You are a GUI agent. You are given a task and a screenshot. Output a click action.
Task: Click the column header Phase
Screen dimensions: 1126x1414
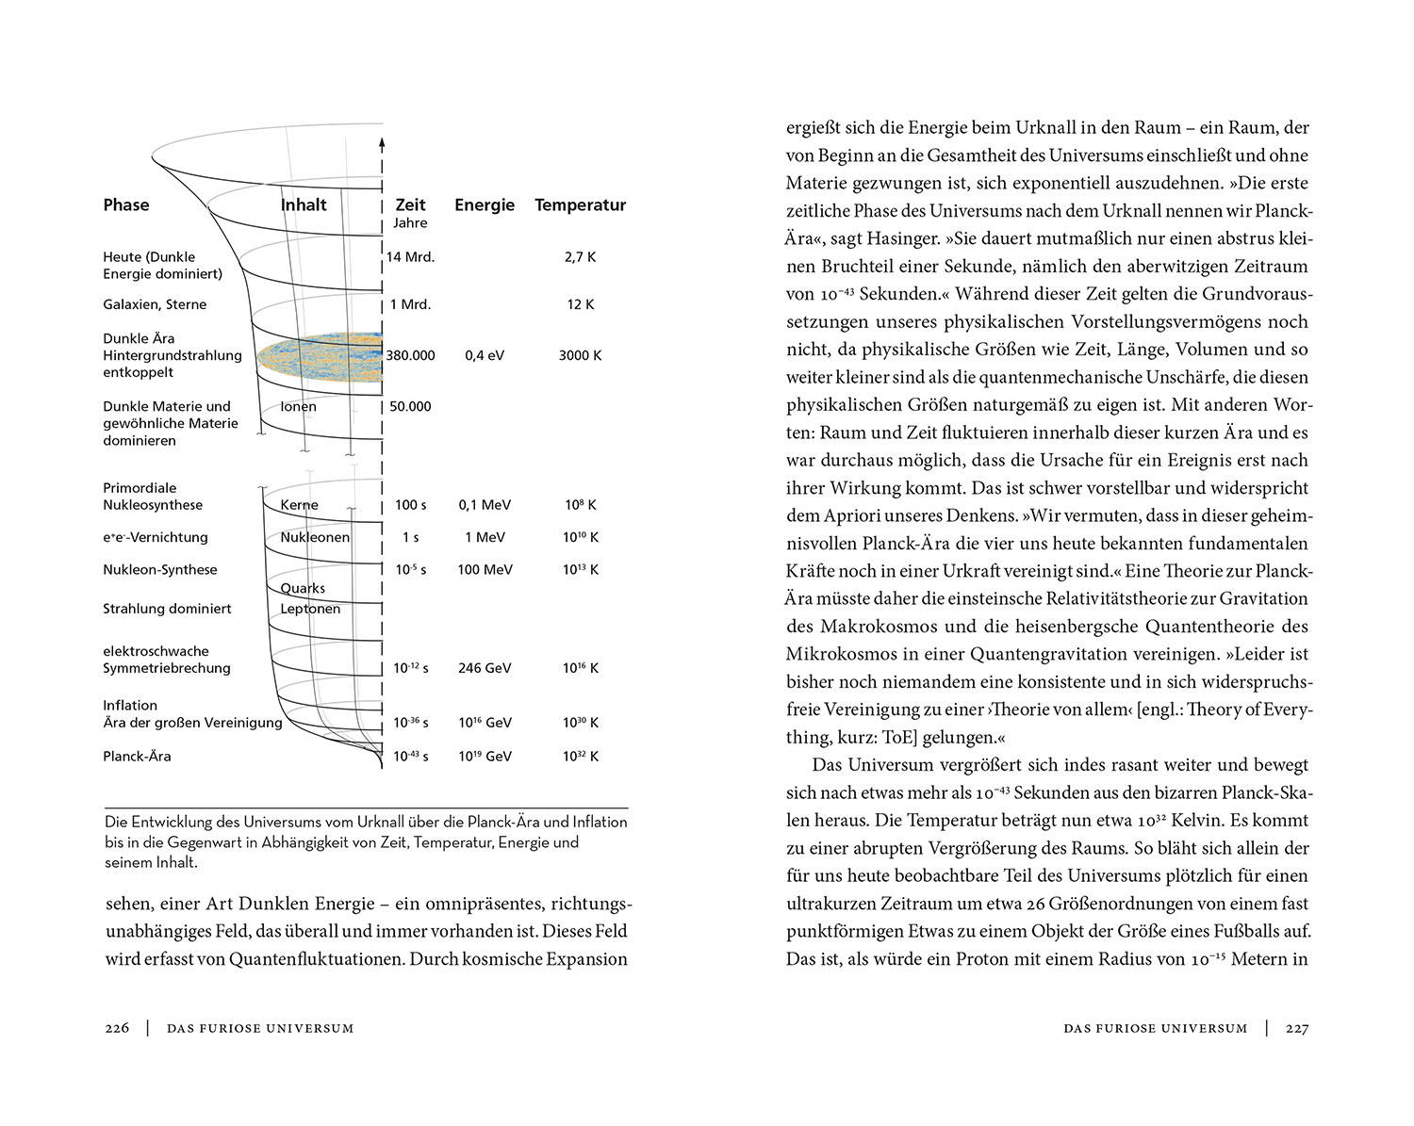pos(126,204)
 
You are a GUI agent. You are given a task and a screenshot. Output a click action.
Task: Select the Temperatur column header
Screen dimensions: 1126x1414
pos(580,204)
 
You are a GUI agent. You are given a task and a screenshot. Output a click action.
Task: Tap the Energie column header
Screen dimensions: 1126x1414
pos(485,204)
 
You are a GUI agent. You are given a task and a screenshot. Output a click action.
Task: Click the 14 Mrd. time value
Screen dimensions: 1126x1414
pos(410,256)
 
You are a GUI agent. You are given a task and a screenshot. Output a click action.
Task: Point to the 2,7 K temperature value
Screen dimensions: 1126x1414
pos(580,256)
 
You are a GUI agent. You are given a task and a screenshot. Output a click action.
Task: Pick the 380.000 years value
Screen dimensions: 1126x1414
pos(410,355)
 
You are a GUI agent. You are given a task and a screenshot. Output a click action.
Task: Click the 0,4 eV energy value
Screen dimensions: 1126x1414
pos(485,355)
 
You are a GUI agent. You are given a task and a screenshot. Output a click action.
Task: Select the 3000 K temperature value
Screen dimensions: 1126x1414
pos(580,355)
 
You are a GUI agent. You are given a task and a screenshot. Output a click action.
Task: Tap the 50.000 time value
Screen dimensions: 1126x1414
pos(410,406)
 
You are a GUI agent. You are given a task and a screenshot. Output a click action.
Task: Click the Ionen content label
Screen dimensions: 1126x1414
pos(299,406)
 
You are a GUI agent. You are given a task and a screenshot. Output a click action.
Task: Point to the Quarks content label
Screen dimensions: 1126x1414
pos(303,588)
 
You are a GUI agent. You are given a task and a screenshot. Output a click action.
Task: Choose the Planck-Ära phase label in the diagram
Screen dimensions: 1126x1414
pos(137,756)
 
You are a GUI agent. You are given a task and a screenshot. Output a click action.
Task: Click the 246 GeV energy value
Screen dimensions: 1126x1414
pos(485,668)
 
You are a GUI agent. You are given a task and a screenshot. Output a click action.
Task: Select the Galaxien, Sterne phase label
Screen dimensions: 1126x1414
pos(155,304)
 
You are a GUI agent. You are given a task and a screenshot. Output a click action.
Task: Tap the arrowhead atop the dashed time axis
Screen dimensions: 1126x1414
pos(382,144)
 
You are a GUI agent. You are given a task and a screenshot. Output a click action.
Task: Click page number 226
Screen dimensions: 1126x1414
pos(117,1028)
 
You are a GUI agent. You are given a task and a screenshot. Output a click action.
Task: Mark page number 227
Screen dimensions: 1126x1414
pos(1297,1028)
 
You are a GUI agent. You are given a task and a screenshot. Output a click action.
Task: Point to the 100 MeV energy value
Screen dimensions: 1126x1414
pos(485,569)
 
